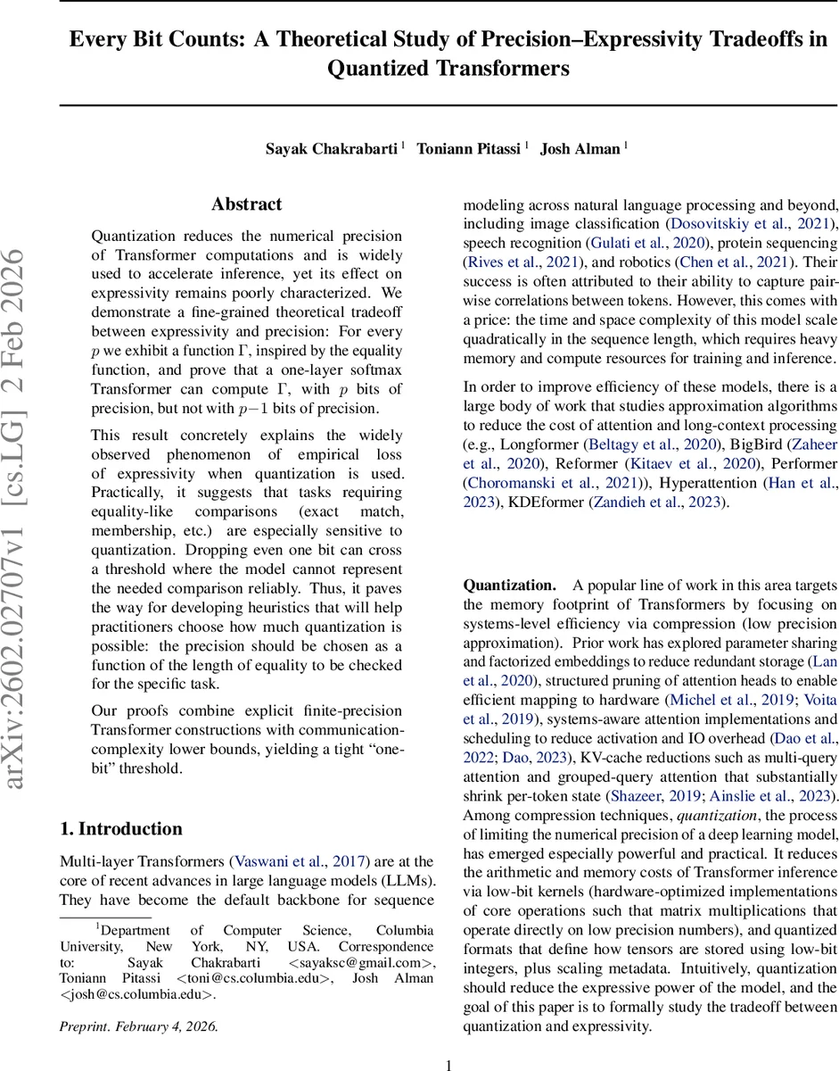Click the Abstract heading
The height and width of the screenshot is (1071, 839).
(x=247, y=204)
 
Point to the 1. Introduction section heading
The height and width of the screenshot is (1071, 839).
(x=121, y=828)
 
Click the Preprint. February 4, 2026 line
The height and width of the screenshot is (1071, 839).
(x=138, y=1025)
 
